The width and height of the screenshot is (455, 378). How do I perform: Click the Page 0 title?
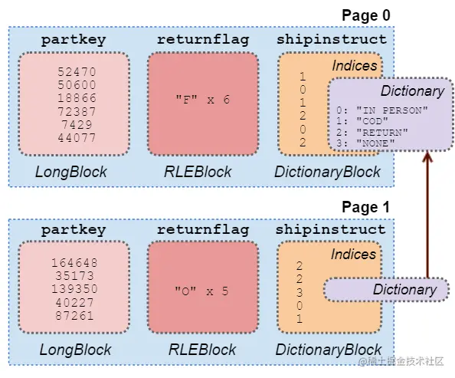(x=366, y=15)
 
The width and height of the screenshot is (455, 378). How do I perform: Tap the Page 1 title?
(x=365, y=207)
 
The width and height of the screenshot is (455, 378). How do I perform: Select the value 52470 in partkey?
(x=77, y=72)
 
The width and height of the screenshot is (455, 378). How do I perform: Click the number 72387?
(x=77, y=112)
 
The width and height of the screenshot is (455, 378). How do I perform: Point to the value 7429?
(x=77, y=125)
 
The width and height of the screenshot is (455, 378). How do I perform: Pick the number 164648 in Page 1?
(x=74, y=263)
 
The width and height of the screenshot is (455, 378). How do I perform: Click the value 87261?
(x=74, y=316)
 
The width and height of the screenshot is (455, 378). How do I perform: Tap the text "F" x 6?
(x=203, y=100)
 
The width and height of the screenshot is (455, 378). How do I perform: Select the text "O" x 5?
(x=201, y=291)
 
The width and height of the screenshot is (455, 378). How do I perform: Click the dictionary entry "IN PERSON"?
(x=391, y=110)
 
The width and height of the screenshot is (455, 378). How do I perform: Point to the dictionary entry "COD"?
(x=372, y=121)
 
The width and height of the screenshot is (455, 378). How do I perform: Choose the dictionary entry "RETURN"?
(x=382, y=133)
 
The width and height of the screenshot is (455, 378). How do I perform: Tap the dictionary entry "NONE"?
(x=375, y=143)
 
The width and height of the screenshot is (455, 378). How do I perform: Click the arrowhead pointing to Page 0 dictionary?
(x=427, y=156)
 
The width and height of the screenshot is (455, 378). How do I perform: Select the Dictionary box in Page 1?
(x=386, y=290)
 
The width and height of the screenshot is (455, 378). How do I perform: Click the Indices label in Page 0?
(x=355, y=66)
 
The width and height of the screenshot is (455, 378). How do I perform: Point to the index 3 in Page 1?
(x=300, y=292)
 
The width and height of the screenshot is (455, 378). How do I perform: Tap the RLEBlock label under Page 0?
(x=198, y=172)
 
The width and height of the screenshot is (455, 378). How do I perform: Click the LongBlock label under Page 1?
(x=75, y=350)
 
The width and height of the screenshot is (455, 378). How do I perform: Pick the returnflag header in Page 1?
(x=203, y=230)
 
